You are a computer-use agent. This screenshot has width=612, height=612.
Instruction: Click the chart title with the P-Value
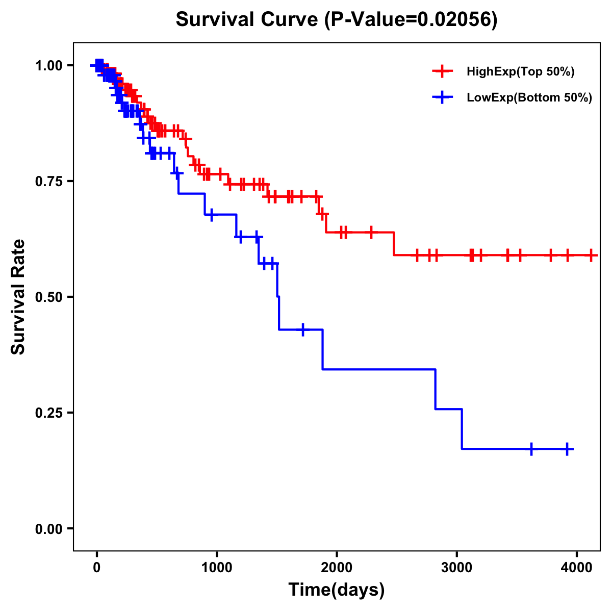[x=336, y=20]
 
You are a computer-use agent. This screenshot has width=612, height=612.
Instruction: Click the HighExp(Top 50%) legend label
[x=520, y=71]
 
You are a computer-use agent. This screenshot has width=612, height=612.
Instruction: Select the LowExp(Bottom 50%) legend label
[x=529, y=98]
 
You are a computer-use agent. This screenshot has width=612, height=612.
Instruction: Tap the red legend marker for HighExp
[x=442, y=71]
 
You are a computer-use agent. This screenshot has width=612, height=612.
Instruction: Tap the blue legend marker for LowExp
[x=442, y=98]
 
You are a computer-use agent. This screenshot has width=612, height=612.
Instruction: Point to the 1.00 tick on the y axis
[x=48, y=66]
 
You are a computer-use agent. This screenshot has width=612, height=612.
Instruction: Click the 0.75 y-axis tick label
[x=48, y=182]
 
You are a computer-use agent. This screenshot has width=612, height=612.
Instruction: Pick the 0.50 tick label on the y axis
[x=48, y=297]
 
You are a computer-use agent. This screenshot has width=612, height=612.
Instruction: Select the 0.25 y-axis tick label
[x=48, y=413]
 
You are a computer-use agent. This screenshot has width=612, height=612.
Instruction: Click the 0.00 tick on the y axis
[x=48, y=529]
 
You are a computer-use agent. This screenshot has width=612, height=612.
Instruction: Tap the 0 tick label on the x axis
[x=97, y=566]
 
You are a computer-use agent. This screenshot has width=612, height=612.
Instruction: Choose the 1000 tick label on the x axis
[x=217, y=566]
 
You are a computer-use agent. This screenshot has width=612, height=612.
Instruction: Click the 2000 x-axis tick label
[x=337, y=566]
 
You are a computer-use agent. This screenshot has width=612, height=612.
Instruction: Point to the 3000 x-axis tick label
[x=456, y=566]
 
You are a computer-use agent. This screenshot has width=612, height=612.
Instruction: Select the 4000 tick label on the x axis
[x=577, y=566]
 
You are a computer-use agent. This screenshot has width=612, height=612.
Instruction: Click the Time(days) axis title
[x=337, y=590]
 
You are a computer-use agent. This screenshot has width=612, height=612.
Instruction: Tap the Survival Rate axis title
[x=19, y=297]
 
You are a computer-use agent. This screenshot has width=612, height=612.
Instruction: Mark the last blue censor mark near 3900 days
[x=567, y=449]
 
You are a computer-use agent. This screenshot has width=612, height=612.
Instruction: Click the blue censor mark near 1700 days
[x=303, y=329]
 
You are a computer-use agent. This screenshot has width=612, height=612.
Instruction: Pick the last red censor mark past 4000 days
[x=591, y=255]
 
